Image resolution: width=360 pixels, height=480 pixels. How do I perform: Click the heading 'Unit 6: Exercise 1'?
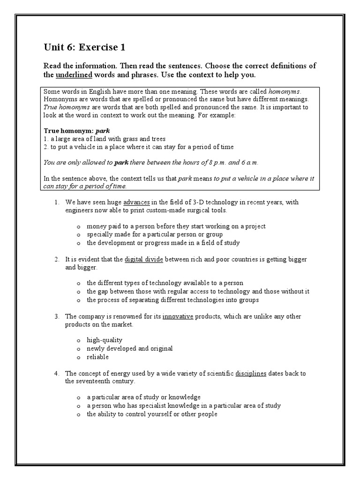coord(84,47)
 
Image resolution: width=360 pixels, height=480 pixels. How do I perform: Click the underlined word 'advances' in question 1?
coord(136,202)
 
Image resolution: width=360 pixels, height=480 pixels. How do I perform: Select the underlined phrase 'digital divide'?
coord(144,259)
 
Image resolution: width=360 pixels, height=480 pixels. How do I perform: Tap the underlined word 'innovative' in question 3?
coord(178,316)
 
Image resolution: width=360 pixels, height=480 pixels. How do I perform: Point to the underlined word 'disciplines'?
coord(251,374)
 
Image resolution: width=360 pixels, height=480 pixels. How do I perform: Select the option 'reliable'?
coord(97,357)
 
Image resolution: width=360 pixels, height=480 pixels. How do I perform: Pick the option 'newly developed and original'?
coord(129,348)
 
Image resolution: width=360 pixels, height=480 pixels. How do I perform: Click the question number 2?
coord(56,259)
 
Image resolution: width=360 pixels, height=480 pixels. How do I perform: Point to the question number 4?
coord(56,374)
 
